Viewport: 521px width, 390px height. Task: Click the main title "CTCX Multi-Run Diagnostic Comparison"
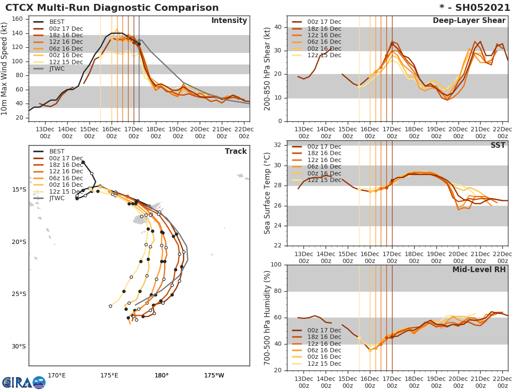[x=112, y=8]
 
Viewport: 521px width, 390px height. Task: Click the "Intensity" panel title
[x=229, y=21]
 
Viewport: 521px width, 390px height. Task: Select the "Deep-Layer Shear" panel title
[x=469, y=21]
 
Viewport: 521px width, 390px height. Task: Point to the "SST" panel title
[x=498, y=146]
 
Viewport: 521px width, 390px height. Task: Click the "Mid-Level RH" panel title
[x=479, y=270]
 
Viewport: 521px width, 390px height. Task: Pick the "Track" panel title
[x=236, y=151]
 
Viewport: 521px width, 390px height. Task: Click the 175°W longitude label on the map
[x=214, y=375]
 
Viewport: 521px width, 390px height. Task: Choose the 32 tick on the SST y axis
[x=278, y=145]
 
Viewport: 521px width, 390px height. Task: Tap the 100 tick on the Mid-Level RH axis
[x=276, y=265]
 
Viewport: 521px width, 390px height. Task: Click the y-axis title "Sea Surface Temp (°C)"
[x=268, y=194]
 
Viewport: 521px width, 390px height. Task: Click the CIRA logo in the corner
[x=23, y=382]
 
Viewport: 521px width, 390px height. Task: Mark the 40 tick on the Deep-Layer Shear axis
[x=278, y=27]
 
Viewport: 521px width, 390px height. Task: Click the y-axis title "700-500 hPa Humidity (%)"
[x=268, y=318]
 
